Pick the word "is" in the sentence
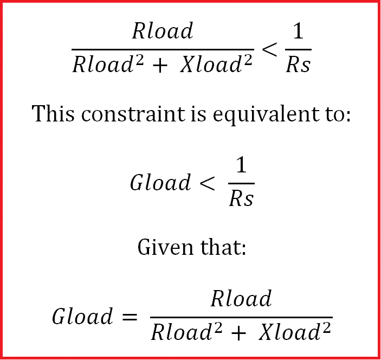pos(184,114)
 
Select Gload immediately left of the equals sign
pos(82,317)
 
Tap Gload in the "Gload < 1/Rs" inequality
pos(160,183)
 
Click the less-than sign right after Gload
pos(208,183)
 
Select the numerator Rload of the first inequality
pos(163,31)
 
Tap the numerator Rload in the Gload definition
pos(241,299)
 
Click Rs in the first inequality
pos(299,66)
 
